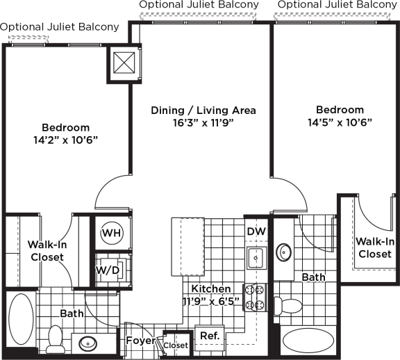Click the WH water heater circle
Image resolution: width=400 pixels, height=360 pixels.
coord(112,233)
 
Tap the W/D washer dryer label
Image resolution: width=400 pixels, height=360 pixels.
coord(108,270)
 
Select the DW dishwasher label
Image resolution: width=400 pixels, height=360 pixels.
coord(256,231)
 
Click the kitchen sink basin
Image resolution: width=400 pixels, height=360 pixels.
coord(256,258)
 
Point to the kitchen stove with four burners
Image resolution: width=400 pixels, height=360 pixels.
coord(255,297)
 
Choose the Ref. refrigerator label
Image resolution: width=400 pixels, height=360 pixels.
coord(210,336)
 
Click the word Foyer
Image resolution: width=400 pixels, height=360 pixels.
coord(140,341)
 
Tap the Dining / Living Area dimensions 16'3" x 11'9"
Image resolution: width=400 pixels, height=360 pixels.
coord(203,123)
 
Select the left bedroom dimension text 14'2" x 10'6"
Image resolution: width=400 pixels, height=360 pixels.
coord(66,140)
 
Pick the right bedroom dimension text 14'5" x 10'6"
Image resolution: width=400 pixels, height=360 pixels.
coord(340,122)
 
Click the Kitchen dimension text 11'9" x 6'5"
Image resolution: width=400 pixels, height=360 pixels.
coord(211,302)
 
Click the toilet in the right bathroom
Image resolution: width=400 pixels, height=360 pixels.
coord(287,306)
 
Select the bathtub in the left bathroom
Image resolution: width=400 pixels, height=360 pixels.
coord(21,318)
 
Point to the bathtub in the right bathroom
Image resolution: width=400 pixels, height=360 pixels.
coord(308,341)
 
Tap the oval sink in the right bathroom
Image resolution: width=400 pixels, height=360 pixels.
coord(283,252)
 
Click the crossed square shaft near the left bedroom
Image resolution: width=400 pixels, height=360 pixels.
coord(124,63)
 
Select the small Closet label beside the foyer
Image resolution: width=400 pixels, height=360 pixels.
coord(176,345)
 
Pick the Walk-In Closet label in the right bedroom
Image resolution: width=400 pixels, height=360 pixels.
coord(375,247)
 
